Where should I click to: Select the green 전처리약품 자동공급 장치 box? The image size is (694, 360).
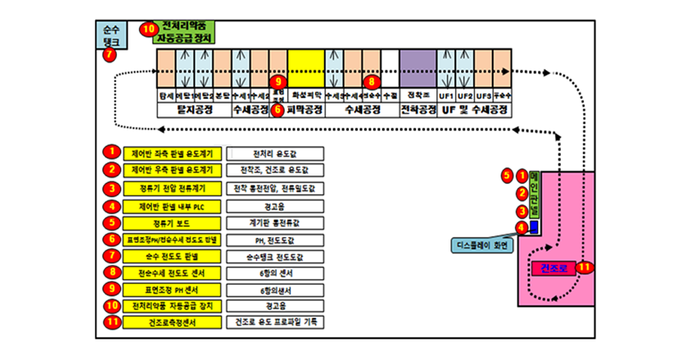pos(185,32)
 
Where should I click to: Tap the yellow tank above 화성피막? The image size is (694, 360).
pos(305,68)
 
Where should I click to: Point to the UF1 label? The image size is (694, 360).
pos(446,96)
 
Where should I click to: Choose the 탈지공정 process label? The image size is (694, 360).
pos(194,110)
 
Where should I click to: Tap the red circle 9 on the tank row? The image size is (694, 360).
pos(278,82)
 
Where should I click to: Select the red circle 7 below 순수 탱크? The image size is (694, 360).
pos(110,55)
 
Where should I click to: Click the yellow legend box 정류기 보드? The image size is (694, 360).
pos(173,222)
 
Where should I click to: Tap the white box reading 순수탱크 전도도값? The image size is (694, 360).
pos(276,256)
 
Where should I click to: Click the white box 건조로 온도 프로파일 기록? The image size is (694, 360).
pos(276,321)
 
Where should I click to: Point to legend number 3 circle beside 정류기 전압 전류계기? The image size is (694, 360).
pos(112,188)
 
